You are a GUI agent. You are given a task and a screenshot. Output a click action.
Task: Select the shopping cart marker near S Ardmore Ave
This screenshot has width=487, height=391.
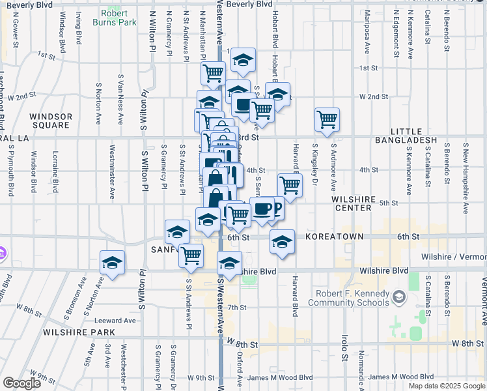(327, 119)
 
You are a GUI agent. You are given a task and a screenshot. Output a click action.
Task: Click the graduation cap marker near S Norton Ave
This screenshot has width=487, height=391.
(112, 263)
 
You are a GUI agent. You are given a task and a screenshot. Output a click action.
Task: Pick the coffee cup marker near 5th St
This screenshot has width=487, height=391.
(262, 209)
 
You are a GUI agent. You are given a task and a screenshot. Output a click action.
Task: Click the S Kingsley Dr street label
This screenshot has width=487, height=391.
(314, 164)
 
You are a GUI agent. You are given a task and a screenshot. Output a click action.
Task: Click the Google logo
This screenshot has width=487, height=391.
(21, 383)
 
